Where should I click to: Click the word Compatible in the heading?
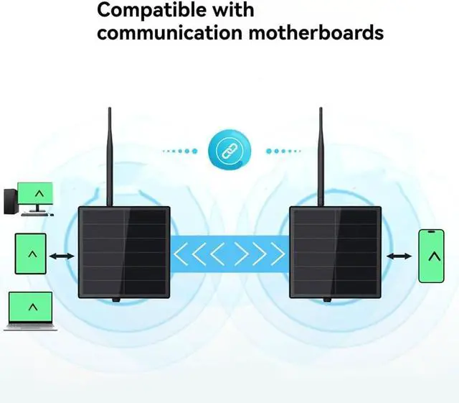pyautogui.click(x=151, y=11)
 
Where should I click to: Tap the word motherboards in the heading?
pyautogui.click(x=316, y=32)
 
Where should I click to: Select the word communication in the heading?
pyautogui.click(x=169, y=33)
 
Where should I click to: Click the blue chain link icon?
pyautogui.click(x=229, y=151)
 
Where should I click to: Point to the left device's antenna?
pyautogui.click(x=110, y=157)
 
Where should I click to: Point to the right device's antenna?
pyautogui.click(x=321, y=157)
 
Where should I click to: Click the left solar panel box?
pyautogui.click(x=124, y=253)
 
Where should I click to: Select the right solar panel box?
pyautogui.click(x=336, y=253)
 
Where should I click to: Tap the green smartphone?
pyautogui.click(x=431, y=256)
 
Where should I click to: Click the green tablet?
pyautogui.click(x=30, y=254)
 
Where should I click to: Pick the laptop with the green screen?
pyautogui.click(x=30, y=311)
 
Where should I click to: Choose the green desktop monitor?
pyautogui.click(x=35, y=197)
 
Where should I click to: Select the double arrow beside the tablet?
pyautogui.click(x=62, y=256)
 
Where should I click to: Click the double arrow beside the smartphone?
pyautogui.click(x=399, y=256)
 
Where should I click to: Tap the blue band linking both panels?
pyautogui.click(x=229, y=254)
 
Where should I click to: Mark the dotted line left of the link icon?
pyautogui.click(x=180, y=151)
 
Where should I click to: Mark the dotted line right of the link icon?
pyautogui.click(x=283, y=151)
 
